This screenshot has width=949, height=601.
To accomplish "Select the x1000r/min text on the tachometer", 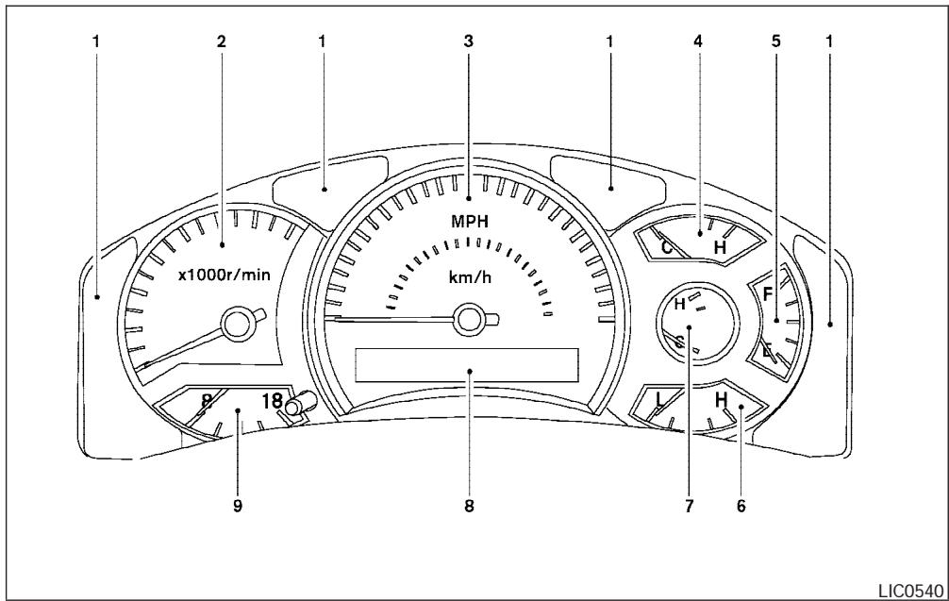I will [223, 276].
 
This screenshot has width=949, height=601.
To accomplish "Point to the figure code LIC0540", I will [910, 590].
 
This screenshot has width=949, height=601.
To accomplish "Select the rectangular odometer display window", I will [467, 363].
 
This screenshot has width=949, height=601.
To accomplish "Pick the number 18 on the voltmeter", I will [272, 399].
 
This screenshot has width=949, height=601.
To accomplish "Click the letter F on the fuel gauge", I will [768, 292].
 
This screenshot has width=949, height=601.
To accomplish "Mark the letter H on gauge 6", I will [722, 400].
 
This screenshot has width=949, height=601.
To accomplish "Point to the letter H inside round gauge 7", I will [679, 304].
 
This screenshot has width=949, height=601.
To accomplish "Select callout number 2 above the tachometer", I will [222, 42].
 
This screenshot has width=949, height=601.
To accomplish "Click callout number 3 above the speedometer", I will [468, 42].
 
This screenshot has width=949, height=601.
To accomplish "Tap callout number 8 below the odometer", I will [468, 506].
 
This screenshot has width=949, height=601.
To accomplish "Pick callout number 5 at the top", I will [776, 42].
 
